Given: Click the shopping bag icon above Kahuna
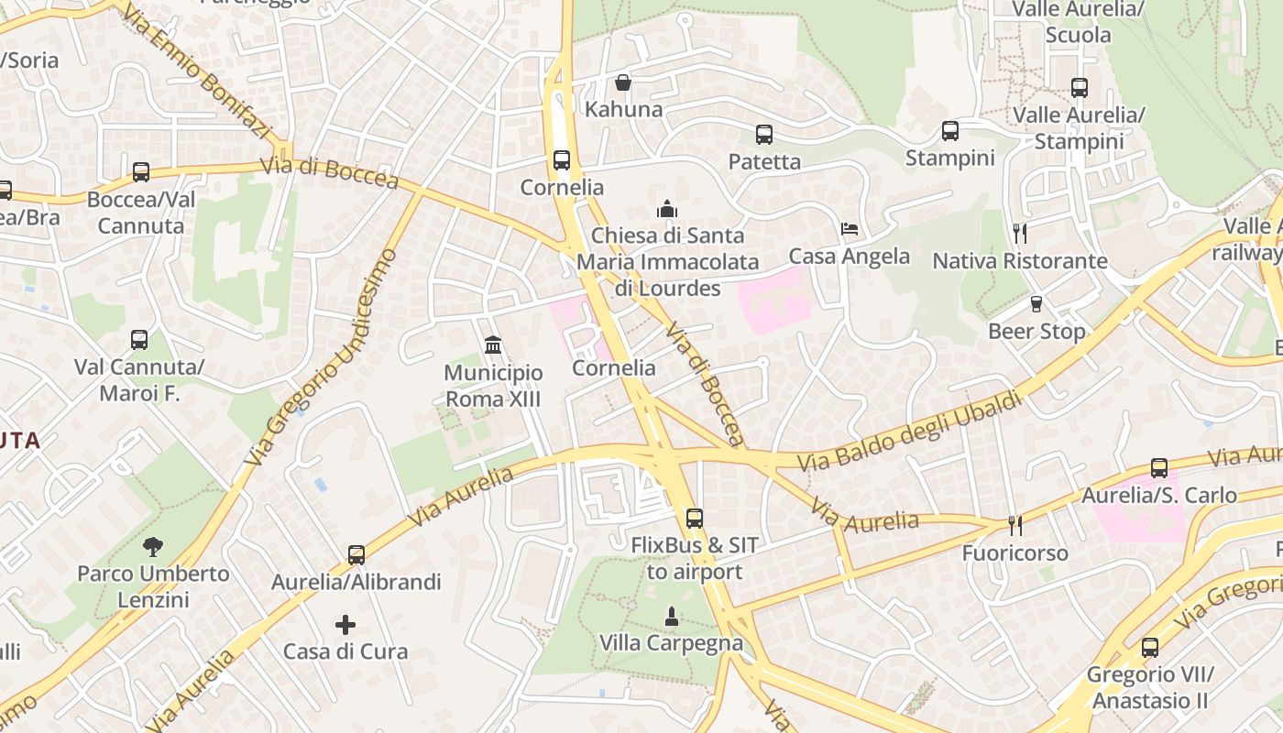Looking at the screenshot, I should tap(623, 83).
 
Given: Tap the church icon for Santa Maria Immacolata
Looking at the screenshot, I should tap(668, 209).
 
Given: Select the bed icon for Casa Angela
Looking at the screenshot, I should tap(850, 228).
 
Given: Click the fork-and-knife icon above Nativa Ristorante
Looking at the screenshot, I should tap(1019, 234).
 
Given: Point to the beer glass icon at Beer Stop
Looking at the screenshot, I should tap(1036, 304).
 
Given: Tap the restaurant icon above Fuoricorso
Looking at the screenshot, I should tap(1015, 525).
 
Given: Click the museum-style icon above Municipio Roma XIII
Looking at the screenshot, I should tap(493, 345).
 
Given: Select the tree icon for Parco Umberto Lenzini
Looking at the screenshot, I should tap(153, 547).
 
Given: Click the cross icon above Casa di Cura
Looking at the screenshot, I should tap(345, 625).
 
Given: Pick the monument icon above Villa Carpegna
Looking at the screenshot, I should tap(672, 617).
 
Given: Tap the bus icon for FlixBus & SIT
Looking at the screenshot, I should tap(695, 519).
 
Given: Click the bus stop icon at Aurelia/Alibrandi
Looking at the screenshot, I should tap(356, 554).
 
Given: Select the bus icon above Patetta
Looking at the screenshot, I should tap(764, 135).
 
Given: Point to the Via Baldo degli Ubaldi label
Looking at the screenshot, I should tap(910, 432).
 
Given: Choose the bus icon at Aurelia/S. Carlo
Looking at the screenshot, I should tap(1159, 468).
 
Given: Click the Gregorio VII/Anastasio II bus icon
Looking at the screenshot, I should tap(1150, 648).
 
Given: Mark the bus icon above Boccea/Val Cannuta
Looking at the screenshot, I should tap(141, 172).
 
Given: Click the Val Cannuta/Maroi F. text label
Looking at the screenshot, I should tap(139, 381).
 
